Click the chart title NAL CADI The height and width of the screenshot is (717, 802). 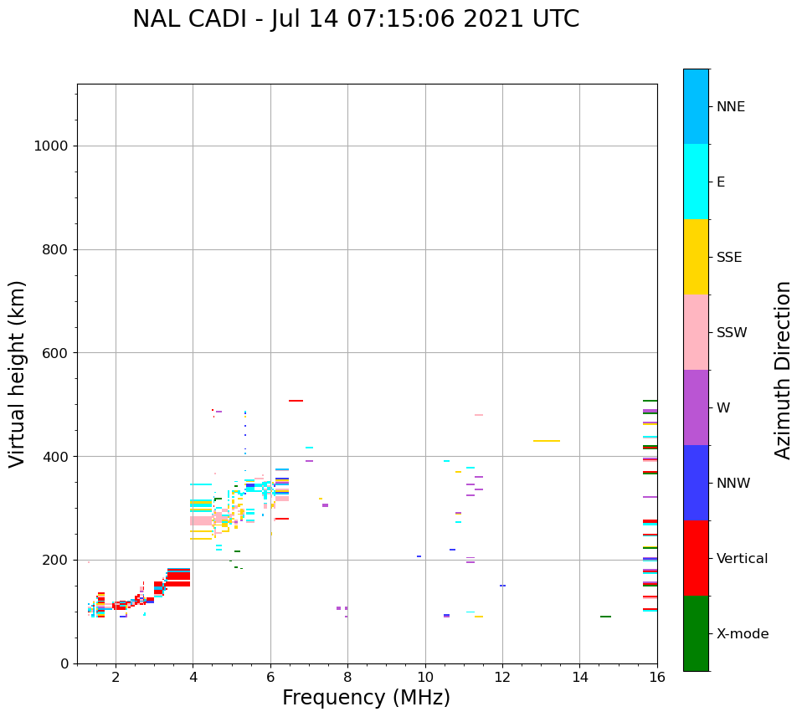[x=356, y=19]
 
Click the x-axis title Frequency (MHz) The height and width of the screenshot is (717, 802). [x=366, y=698]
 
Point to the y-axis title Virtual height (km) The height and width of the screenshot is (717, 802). [x=18, y=374]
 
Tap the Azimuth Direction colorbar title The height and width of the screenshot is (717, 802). [x=783, y=370]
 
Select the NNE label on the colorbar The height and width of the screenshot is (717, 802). [x=730, y=107]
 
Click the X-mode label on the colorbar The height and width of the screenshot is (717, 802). [x=743, y=634]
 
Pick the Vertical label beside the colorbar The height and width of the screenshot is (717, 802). [x=743, y=559]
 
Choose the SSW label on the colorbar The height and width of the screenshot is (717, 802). [x=732, y=333]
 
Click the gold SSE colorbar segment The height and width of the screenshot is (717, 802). [x=696, y=257]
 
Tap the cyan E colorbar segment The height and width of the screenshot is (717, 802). [x=696, y=182]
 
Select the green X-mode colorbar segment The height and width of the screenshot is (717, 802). [x=696, y=633]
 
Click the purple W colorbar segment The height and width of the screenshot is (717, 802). [x=696, y=407]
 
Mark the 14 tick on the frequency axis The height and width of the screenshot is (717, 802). [x=580, y=675]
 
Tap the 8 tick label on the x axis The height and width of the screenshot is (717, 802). [x=347, y=675]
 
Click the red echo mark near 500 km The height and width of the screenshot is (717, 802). [x=296, y=401]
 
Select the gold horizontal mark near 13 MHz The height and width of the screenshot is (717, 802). [x=546, y=441]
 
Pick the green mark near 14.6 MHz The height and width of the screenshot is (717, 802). [x=605, y=617]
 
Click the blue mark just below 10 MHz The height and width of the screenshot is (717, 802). [x=419, y=556]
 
